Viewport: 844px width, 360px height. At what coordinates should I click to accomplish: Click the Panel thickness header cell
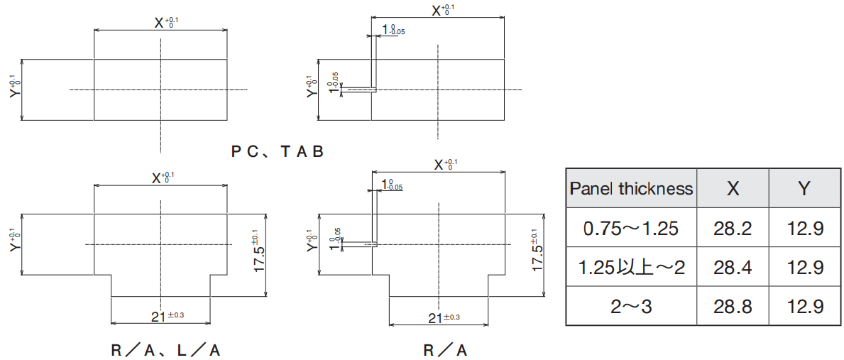pos(631,188)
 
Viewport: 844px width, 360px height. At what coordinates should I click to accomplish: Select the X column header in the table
pos(733,188)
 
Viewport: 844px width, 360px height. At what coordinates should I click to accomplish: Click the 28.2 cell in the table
pos(733,228)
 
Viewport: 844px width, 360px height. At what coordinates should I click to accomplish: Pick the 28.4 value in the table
pos(733,267)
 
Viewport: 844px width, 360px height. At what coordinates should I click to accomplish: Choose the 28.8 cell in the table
pos(733,306)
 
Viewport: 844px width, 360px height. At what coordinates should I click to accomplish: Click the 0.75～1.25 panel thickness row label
pos(631,228)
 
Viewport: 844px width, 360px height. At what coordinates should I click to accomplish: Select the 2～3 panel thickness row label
pos(631,306)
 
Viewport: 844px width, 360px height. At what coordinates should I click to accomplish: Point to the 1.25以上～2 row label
pos(631,267)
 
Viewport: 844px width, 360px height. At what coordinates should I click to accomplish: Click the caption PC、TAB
pos(278,151)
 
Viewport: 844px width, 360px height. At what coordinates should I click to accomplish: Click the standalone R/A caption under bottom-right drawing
pos(445,350)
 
